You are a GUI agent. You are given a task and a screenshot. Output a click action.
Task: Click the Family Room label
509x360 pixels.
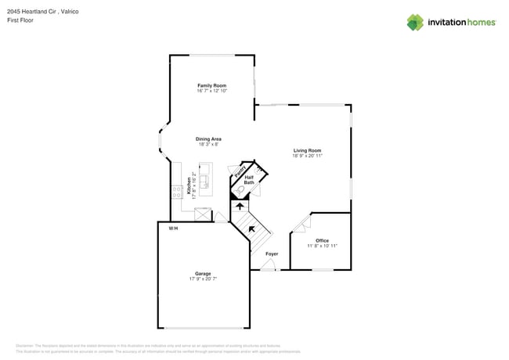(x=211, y=85)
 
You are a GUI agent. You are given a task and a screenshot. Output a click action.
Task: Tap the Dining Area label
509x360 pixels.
(x=208, y=139)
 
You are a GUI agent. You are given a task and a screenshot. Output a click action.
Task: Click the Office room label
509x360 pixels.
(x=322, y=240)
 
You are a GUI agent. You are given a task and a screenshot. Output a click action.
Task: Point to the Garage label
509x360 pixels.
(x=203, y=274)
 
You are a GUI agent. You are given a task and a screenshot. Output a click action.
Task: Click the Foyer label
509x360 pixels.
(x=272, y=254)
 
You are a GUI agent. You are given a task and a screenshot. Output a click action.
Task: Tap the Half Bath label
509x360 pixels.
(x=249, y=180)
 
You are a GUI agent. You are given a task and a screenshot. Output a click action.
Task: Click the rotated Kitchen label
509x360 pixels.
(x=189, y=185)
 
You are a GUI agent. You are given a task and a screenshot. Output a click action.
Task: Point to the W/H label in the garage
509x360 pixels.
(x=173, y=228)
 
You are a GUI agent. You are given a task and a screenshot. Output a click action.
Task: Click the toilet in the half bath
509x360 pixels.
(x=240, y=190)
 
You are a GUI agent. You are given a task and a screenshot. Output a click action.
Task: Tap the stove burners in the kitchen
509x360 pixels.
(x=177, y=190)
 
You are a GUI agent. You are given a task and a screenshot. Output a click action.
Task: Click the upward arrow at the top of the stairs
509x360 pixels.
(x=240, y=207)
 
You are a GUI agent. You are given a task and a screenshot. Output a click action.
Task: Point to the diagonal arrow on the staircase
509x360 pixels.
(x=251, y=229)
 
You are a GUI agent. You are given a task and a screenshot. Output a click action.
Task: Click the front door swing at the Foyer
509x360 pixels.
(x=269, y=265)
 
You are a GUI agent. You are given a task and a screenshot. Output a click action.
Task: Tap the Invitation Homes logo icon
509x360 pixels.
(x=415, y=23)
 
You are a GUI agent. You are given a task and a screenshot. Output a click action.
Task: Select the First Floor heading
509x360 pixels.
(x=20, y=20)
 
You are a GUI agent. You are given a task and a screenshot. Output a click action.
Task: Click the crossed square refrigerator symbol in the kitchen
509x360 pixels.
(x=203, y=214)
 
